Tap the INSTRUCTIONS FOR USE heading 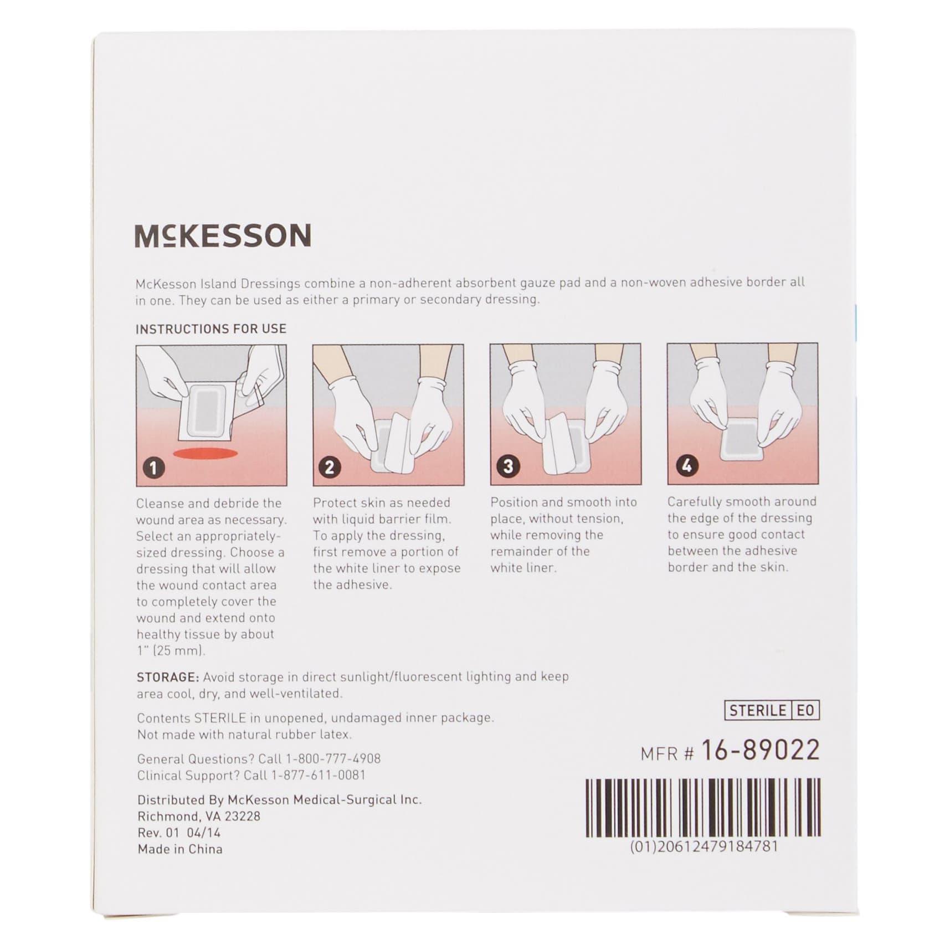pyautogui.click(x=211, y=329)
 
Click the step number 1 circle pyautogui.click(x=153, y=468)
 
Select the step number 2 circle pyautogui.click(x=330, y=467)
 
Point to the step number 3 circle pyautogui.click(x=507, y=466)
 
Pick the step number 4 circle pyautogui.click(x=686, y=465)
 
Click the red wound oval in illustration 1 pyautogui.click(x=206, y=454)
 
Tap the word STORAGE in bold pyautogui.click(x=167, y=677)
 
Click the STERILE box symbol pyautogui.click(x=757, y=711)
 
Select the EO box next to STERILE pyautogui.click(x=805, y=711)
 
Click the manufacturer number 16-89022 pyautogui.click(x=760, y=751)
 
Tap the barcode pyautogui.click(x=703, y=807)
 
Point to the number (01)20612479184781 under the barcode pyautogui.click(x=704, y=847)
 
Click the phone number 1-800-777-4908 pyautogui.click(x=333, y=759)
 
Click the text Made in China pyautogui.click(x=180, y=849)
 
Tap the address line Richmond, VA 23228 pyautogui.click(x=199, y=817)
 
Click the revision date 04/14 pyautogui.click(x=203, y=833)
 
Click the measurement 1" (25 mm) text pyautogui.click(x=171, y=651)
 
